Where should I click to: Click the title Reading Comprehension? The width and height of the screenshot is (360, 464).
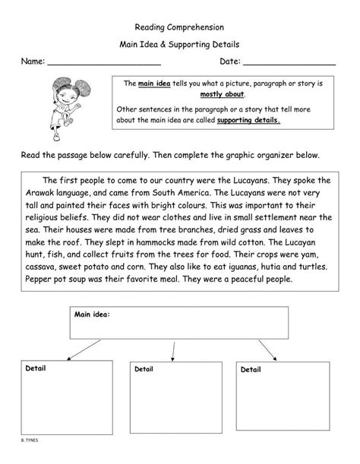[x=180, y=27]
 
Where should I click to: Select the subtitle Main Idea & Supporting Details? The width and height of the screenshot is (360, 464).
[x=180, y=45]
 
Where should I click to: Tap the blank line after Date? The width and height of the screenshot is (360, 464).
[x=289, y=63]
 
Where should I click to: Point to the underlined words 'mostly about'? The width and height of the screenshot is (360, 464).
[x=222, y=95]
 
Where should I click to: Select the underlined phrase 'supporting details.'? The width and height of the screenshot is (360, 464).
[x=248, y=120]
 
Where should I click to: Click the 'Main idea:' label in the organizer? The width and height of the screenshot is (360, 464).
[x=93, y=313]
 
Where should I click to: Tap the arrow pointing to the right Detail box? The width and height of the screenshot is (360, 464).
[x=267, y=349]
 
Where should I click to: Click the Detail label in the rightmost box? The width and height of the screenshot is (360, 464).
[x=251, y=370]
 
